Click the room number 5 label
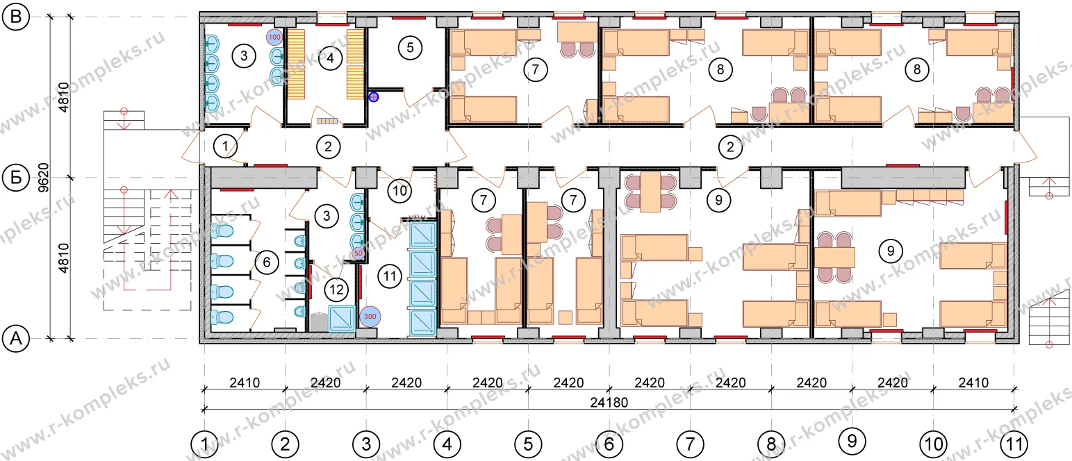410,48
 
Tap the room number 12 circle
336,290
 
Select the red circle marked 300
370,316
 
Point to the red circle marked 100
274,37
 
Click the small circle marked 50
358,253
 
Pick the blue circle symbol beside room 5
374,97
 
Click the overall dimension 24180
609,403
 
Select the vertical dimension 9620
44,178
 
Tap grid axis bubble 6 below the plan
609,444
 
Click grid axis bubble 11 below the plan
1014,444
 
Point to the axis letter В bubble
16,17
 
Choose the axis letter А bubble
16,339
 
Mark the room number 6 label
267,262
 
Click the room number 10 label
399,192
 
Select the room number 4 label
330,58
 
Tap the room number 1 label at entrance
225,146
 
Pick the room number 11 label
390,276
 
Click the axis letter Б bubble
16,178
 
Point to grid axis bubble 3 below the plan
366,444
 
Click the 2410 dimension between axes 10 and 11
973,383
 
